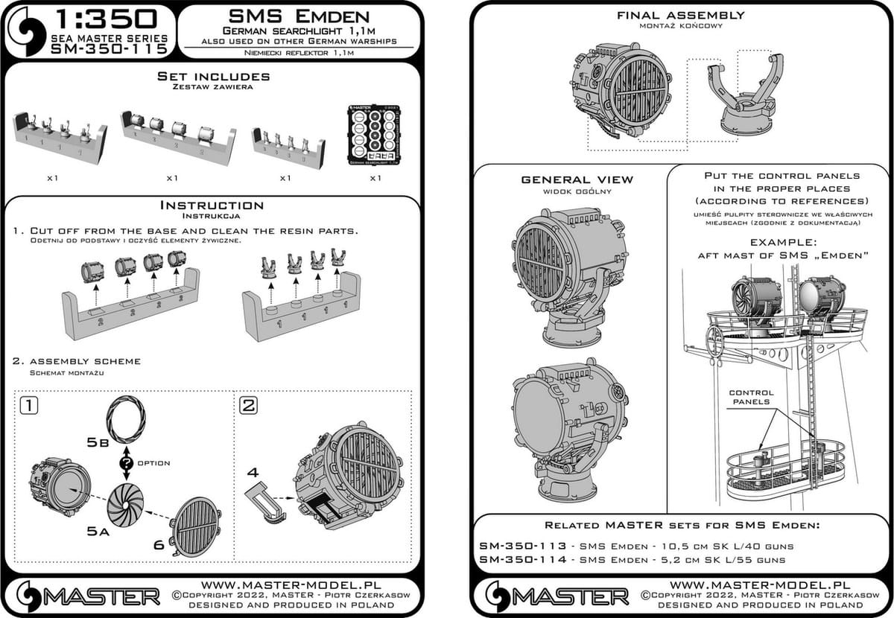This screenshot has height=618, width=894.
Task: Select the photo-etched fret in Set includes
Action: (x=375, y=140)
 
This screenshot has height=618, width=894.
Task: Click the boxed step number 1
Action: (x=28, y=407)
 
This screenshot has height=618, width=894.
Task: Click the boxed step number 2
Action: (x=248, y=407)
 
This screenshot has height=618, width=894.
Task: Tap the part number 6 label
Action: (x=159, y=545)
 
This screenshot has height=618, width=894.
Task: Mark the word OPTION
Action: (x=153, y=463)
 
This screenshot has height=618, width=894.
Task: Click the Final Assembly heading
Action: (x=681, y=15)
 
